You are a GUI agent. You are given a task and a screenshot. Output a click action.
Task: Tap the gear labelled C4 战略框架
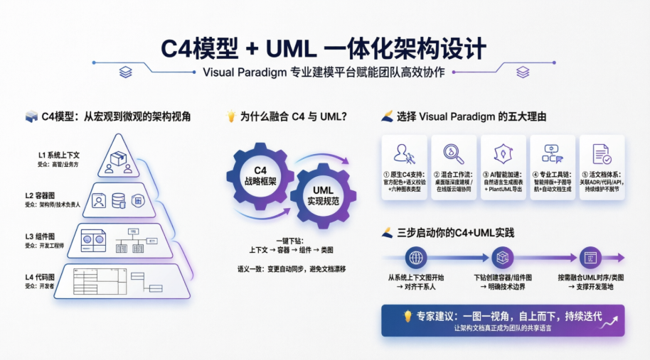click(260, 175)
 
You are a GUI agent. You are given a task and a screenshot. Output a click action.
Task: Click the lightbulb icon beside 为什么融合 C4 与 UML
click(230, 116)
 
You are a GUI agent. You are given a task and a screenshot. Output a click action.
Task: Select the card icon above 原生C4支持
click(405, 153)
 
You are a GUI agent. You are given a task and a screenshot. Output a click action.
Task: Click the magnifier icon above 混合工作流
click(454, 153)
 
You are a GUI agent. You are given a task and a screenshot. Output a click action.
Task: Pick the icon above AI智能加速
click(503, 153)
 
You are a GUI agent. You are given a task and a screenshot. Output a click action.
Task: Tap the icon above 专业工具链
click(552, 153)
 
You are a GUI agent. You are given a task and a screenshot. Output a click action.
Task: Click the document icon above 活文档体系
click(602, 153)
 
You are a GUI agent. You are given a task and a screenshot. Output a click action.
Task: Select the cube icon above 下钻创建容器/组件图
click(503, 258)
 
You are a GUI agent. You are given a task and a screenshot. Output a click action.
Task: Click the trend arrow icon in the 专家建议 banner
click(608, 323)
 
